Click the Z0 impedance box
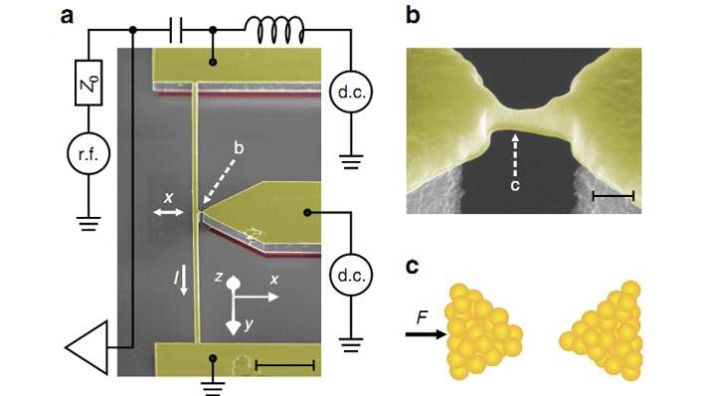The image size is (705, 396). [88, 83]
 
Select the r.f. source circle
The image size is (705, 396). [88, 154]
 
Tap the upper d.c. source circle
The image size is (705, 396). [351, 92]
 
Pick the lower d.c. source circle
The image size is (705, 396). [351, 275]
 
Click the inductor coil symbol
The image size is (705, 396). [274, 30]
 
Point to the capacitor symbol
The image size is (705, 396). [176, 31]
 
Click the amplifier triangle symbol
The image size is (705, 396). [87, 347]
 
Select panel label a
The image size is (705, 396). [67, 16]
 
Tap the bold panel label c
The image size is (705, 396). [413, 267]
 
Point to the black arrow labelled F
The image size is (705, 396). [427, 334]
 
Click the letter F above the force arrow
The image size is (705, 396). [422, 317]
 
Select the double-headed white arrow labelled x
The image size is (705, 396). [169, 212]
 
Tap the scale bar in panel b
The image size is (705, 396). [614, 195]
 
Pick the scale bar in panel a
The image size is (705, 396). [284, 365]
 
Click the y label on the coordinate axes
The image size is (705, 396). [250, 324]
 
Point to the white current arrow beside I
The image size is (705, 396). [183, 280]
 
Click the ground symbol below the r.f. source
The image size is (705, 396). [88, 223]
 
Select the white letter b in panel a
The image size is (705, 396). [239, 147]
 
